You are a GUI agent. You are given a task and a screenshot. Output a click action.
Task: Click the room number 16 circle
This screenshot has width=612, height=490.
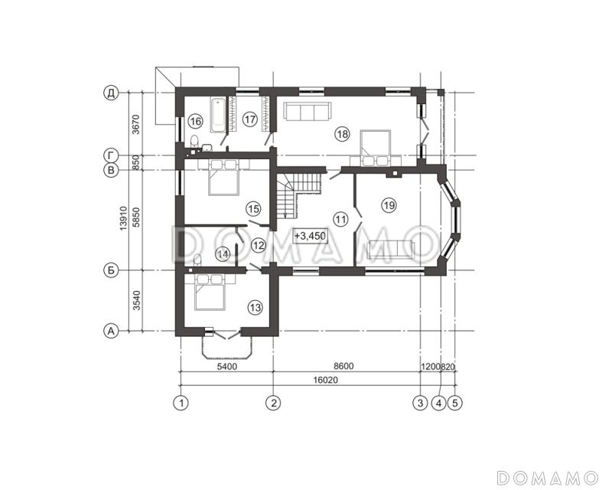[x=195, y=121]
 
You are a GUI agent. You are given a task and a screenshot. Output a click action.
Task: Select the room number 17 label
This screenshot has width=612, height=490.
[x=249, y=119]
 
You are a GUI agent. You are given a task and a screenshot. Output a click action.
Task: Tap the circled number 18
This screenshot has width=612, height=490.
[x=342, y=135]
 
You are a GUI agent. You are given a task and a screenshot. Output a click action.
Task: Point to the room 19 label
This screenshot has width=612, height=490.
[x=389, y=205]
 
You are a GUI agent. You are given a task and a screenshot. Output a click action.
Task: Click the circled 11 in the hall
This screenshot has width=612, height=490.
[x=340, y=219]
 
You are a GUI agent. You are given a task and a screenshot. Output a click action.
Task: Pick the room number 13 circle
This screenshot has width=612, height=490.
[x=256, y=308]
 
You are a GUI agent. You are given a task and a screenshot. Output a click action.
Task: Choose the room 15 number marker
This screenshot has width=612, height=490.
[x=253, y=209]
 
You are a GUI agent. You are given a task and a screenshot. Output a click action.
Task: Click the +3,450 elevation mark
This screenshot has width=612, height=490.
[x=311, y=237]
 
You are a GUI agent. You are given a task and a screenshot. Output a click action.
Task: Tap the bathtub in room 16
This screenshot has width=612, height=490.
[x=218, y=116]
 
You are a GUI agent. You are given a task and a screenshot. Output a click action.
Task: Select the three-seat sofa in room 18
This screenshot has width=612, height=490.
[x=308, y=111]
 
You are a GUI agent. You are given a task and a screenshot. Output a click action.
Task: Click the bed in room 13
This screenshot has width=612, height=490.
[x=210, y=292]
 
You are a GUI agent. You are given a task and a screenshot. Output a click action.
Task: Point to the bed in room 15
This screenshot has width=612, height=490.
[x=223, y=177]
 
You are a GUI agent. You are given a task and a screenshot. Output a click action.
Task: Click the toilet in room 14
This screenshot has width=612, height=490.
[x=197, y=260]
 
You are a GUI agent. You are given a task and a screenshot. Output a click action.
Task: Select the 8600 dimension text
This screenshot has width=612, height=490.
[x=343, y=366]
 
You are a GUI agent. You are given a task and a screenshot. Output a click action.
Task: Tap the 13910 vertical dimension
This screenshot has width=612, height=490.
[x=124, y=218]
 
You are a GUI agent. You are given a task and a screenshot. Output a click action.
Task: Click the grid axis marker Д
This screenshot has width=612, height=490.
[x=111, y=93]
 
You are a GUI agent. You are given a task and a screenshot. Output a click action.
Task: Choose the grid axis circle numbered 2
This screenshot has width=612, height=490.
[x=273, y=403]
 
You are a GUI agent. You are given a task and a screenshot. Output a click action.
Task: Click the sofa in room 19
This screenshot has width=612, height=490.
[x=391, y=250]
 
